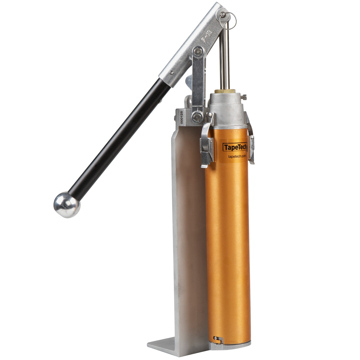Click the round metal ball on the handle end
pyautogui.click(x=67, y=205)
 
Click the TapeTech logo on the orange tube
pyautogui.click(x=235, y=147)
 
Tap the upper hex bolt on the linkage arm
pyautogui.click(x=197, y=52)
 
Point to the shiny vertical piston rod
pyautogui.click(x=224, y=59)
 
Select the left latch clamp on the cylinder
pyautogui.click(x=207, y=141)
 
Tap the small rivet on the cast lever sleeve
pyautogui.click(x=171, y=72)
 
